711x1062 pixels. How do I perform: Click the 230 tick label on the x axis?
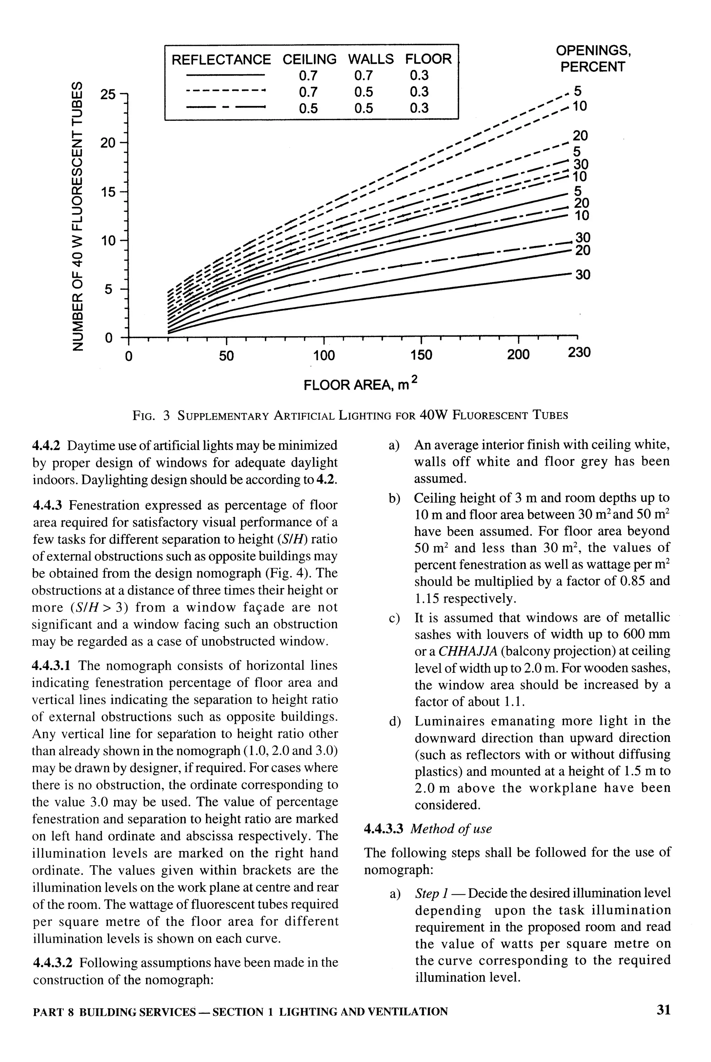(x=579, y=352)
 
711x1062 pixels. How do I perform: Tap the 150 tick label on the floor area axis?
(x=421, y=354)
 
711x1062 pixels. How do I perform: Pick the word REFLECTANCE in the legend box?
(x=221, y=59)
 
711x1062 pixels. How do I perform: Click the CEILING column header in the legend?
(x=310, y=59)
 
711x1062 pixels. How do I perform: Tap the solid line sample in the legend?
(x=225, y=75)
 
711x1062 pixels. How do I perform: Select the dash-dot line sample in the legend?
(x=225, y=108)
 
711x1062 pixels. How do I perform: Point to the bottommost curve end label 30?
(x=583, y=275)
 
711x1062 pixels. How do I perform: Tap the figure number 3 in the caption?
(x=166, y=415)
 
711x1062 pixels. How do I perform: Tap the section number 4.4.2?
(x=47, y=446)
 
